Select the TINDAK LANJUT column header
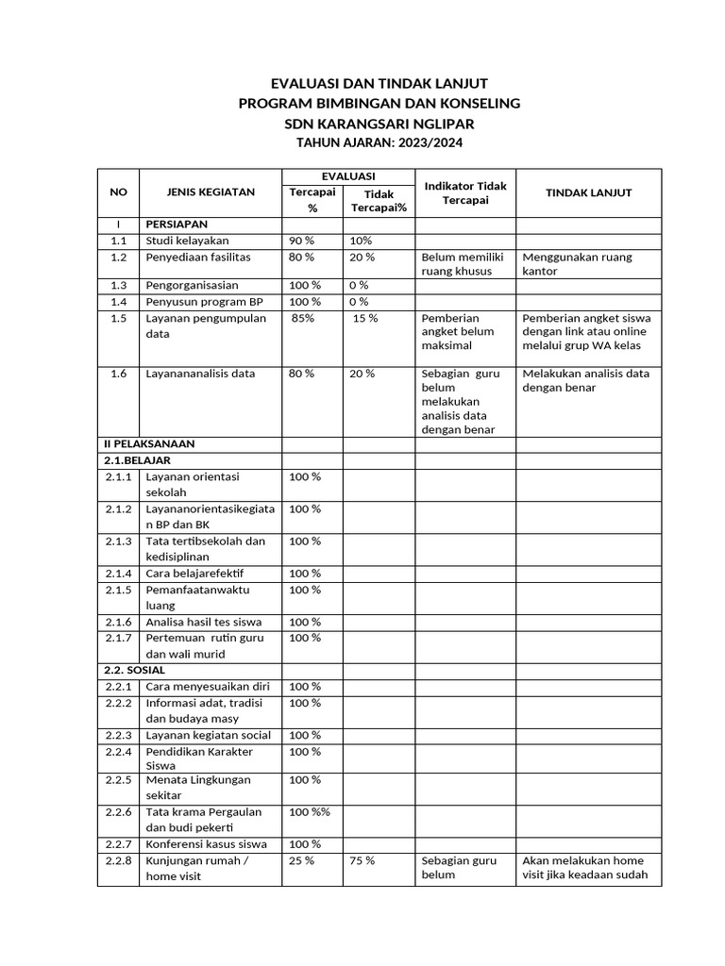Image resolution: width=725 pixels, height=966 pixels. tap(588, 192)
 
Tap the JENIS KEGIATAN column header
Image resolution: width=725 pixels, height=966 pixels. tap(211, 192)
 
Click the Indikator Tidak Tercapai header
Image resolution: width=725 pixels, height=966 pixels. tap(464, 192)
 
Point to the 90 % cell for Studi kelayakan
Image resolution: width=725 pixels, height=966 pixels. tap(302, 241)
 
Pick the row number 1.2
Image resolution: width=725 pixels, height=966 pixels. tap(118, 257)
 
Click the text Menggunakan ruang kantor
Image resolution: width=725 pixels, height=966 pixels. tap(577, 264)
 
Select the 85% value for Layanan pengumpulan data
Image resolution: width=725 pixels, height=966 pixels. tap(303, 318)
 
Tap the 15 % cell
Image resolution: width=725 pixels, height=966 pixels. tap(365, 318)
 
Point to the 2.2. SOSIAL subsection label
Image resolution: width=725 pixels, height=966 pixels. tap(134, 669)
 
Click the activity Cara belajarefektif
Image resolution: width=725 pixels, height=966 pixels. tap(194, 573)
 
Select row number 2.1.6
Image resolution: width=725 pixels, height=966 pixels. tap(118, 622)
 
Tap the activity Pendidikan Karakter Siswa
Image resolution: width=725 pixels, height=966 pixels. tap(199, 758)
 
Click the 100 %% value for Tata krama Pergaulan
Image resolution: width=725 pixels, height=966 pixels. tap(310, 811)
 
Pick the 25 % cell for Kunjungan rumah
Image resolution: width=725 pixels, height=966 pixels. tap(302, 860)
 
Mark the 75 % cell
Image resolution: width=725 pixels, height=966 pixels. tap(362, 860)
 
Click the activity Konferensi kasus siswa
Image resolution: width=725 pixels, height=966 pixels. tap(206, 843)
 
